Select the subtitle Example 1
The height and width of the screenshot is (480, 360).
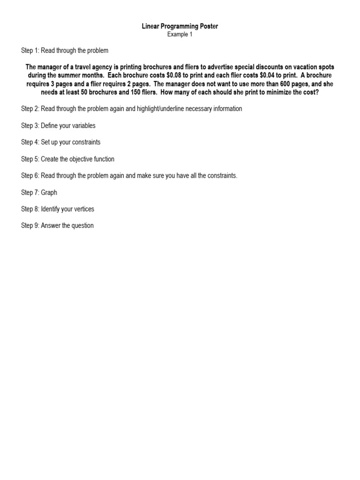(x=180, y=34)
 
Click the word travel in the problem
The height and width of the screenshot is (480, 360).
(x=81, y=67)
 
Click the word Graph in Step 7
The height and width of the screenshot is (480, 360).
(x=49, y=192)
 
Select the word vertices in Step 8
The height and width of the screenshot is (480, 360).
(x=82, y=209)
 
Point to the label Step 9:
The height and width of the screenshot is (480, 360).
(x=30, y=225)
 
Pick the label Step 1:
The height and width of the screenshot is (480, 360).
(x=30, y=50)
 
